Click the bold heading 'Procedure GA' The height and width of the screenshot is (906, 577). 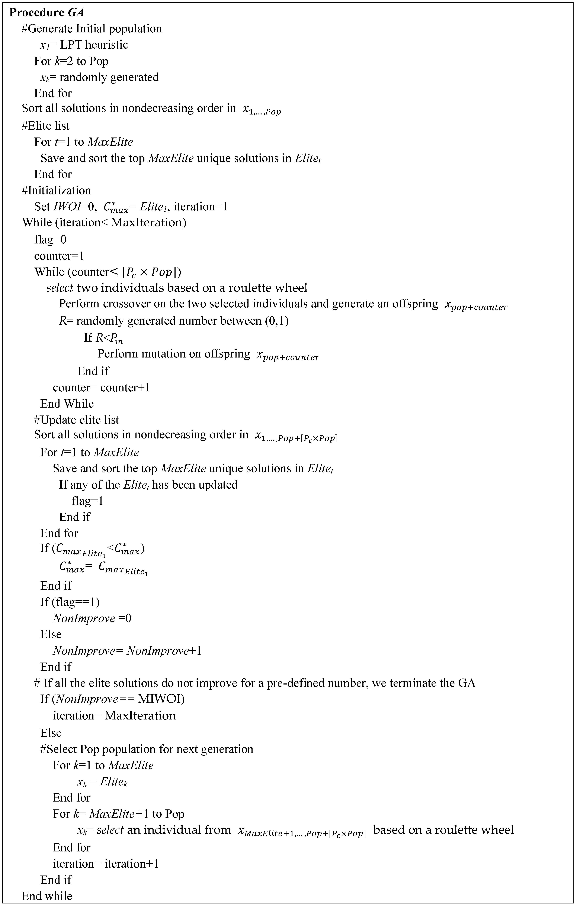point(46,13)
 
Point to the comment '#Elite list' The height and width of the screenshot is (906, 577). point(46,126)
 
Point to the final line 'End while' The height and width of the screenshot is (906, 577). point(47,896)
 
